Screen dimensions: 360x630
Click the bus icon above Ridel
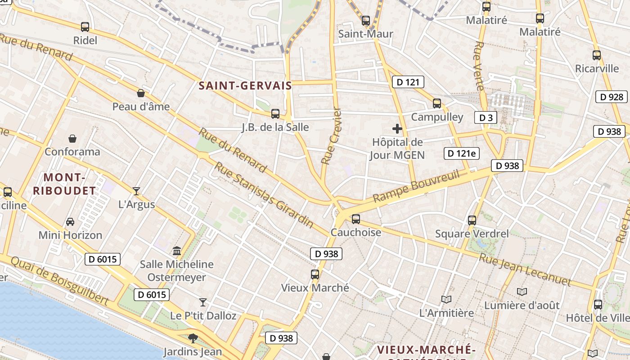point(85,27)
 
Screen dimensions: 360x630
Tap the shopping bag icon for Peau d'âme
point(141,93)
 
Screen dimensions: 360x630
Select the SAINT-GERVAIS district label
point(245,85)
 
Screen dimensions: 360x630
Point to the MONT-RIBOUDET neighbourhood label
point(65,184)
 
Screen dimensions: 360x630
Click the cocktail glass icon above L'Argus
point(136,191)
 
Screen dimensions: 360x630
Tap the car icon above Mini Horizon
point(70,222)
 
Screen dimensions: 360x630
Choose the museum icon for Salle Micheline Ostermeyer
point(177,251)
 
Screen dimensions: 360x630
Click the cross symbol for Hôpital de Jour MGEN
point(397,129)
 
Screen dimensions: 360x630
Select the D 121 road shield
point(408,82)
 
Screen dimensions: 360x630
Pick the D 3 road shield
point(486,118)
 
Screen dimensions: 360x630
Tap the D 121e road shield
point(461,153)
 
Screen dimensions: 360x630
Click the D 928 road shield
point(612,97)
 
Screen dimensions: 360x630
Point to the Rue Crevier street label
point(332,136)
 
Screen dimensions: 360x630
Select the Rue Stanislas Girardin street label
point(264,194)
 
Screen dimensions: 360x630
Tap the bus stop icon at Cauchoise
point(356,219)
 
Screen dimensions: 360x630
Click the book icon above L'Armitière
point(446,299)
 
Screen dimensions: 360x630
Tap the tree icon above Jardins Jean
point(193,338)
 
